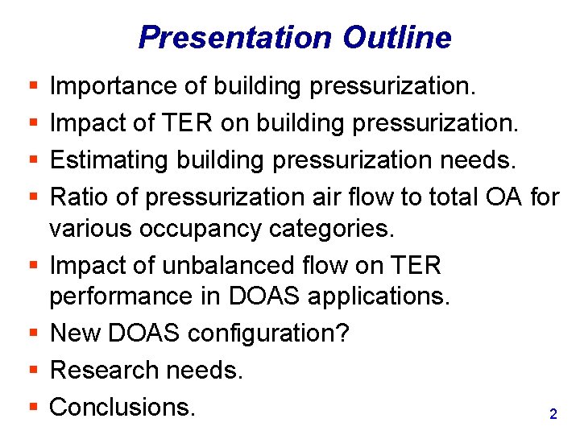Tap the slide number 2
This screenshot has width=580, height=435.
click(x=553, y=414)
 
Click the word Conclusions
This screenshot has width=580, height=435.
click(x=122, y=407)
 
